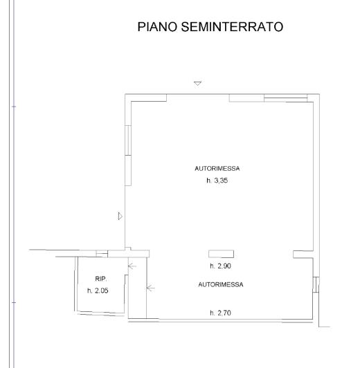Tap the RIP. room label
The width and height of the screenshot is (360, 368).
tap(101, 279)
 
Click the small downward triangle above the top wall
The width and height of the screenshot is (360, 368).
tap(198, 83)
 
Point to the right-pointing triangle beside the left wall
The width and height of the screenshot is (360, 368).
tap(120, 217)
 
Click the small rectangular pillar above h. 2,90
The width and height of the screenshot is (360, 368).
tap(222, 255)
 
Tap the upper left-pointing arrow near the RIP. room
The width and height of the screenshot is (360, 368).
tap(132, 265)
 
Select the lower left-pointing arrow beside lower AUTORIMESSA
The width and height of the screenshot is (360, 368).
tap(150, 288)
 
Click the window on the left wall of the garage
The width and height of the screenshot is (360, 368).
tap(127, 156)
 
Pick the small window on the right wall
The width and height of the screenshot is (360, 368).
tap(315, 284)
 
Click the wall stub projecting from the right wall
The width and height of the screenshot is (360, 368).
tap(303, 255)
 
